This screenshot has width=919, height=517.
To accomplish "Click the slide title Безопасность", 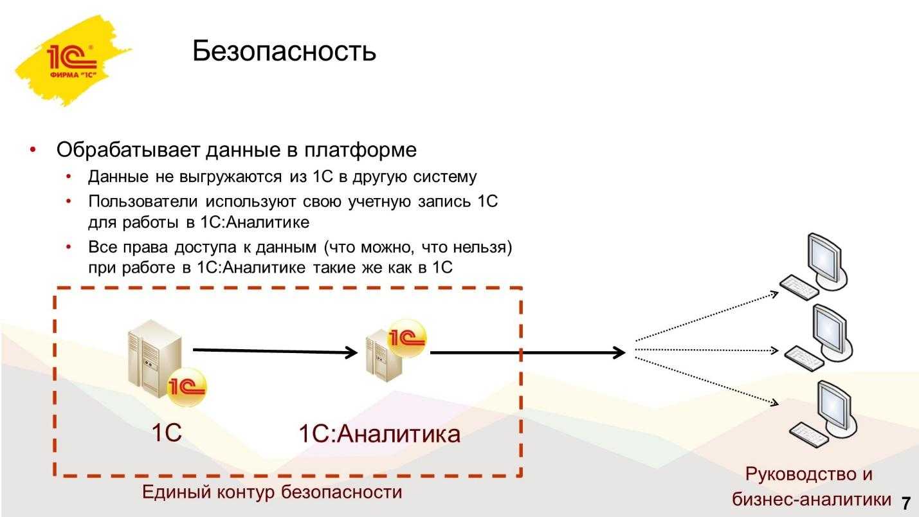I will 284,51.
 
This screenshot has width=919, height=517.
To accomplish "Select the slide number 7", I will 907,502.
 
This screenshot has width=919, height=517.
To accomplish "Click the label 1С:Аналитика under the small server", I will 379,434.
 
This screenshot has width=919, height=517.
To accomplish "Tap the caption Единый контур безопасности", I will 271,493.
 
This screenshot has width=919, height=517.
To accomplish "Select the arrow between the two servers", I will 275,351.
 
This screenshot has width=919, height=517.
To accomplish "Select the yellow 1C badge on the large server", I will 186,387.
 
